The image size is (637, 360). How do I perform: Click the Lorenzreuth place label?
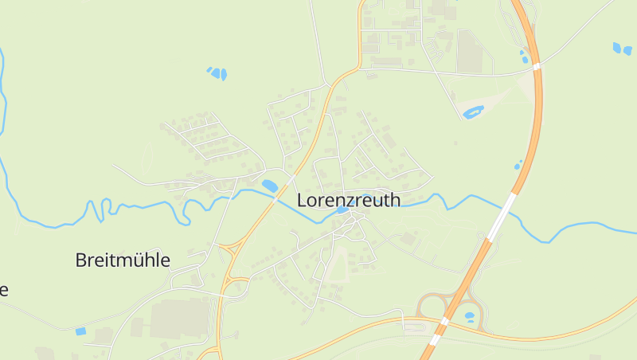pos(349,200)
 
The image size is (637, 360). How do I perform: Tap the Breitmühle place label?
pos(123,260)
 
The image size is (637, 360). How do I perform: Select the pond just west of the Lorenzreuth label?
pos(270,186)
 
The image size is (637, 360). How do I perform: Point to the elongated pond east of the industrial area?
pos(473,112)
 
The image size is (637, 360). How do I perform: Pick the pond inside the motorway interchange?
pos(469,316)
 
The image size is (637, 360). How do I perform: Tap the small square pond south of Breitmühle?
pos(80,331)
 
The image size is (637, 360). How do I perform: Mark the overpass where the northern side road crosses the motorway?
pos(537,65)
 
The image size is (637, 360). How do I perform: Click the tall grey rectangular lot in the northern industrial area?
pos(470,51)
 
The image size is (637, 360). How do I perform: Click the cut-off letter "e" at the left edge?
pos(3,289)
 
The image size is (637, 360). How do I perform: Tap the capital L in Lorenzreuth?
pos(302,200)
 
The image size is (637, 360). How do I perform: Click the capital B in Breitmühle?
pos(80,260)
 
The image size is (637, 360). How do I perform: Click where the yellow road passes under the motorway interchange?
pos(444,321)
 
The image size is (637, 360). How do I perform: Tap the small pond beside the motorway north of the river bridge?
pos(518,166)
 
